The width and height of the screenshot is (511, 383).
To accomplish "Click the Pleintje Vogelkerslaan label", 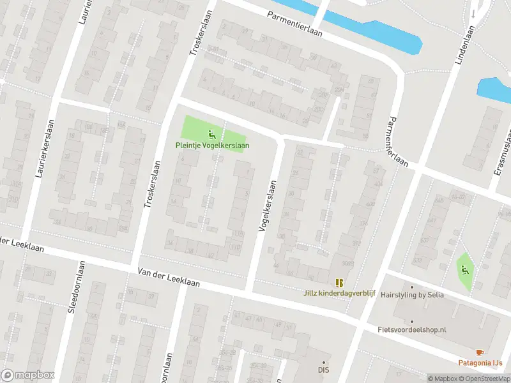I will (212, 145).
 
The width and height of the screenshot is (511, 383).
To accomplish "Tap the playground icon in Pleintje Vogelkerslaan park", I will (212, 134).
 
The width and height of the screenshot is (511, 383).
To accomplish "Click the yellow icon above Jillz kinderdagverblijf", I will (339, 282).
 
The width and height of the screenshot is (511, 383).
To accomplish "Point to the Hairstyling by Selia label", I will (411, 296).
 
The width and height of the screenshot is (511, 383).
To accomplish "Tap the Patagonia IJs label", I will (480, 363).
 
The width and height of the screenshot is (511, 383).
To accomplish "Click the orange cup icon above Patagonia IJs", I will (480, 352).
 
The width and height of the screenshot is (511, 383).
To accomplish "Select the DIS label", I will (324, 369).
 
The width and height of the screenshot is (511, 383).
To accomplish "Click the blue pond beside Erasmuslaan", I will (494, 90).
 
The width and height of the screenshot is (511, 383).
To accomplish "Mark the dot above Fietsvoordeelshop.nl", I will (411, 322).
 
